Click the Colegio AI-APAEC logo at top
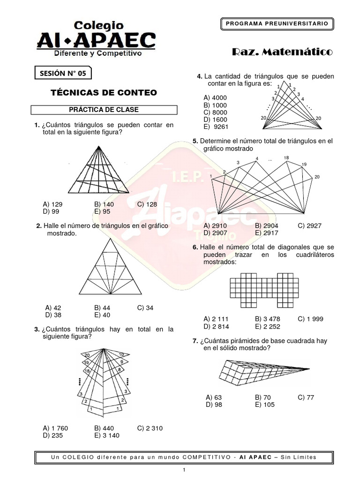[96, 39]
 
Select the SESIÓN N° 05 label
[63, 73]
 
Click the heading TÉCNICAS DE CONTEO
[104, 92]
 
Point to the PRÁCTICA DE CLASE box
[104, 110]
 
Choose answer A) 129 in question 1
[52, 204]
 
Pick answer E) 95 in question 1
[102, 211]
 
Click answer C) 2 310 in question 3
[150, 428]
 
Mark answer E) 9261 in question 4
[213, 127]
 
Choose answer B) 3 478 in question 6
[268, 319]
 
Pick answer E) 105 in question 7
[265, 405]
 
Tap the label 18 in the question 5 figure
[286, 158]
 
